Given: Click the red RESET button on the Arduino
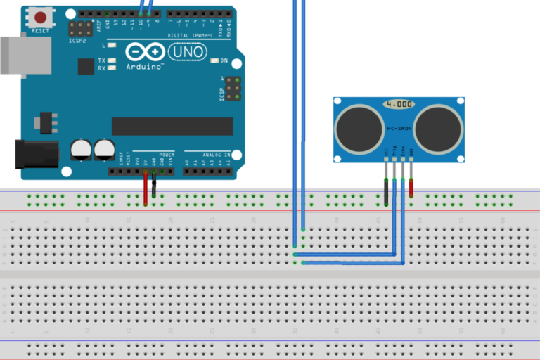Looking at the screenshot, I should (41, 17).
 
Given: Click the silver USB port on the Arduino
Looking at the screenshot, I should (25, 55).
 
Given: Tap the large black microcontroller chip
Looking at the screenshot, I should (172, 127).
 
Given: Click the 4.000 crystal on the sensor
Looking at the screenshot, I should (399, 104).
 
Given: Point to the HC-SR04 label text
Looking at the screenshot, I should (399, 129).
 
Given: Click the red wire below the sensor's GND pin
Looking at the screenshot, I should (411, 186).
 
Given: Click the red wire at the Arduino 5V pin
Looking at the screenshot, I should (146, 187).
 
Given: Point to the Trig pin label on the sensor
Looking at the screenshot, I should (394, 150).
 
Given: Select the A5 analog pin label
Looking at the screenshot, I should (229, 163).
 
